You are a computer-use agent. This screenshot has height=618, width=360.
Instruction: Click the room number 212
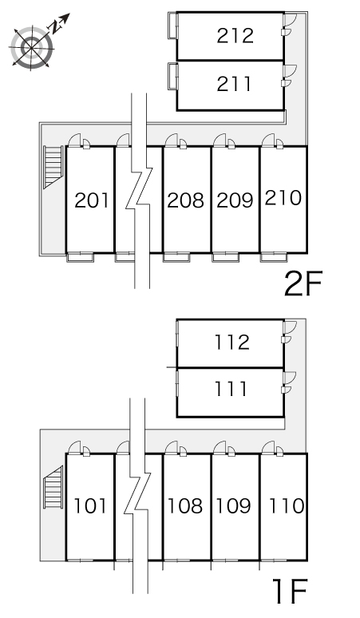click(x=235, y=36)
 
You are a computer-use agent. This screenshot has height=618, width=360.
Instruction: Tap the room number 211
click(x=234, y=84)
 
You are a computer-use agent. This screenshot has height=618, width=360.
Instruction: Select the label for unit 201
click(x=91, y=200)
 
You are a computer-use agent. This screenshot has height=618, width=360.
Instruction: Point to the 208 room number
click(x=185, y=200)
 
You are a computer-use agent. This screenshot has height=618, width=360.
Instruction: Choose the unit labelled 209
click(x=235, y=200)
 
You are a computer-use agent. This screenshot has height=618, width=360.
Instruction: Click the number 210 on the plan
click(x=283, y=198)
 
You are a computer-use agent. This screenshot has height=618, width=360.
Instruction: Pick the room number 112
click(x=232, y=342)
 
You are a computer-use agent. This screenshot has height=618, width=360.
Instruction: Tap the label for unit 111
click(x=231, y=389)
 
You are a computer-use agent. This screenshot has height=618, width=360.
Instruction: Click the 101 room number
click(x=90, y=505)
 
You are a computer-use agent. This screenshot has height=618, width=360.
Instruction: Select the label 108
click(x=185, y=505)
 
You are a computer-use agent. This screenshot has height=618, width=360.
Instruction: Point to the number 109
click(x=234, y=505)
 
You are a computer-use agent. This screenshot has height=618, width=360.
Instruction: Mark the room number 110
click(x=287, y=505)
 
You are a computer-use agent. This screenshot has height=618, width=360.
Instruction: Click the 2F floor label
click(x=303, y=283)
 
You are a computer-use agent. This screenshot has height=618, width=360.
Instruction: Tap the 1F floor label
click(x=291, y=591)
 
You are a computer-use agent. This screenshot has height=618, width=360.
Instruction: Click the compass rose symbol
click(x=31, y=47)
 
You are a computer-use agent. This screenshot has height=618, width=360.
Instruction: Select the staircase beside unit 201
click(x=53, y=167)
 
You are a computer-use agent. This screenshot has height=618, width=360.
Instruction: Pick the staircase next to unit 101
click(x=53, y=488)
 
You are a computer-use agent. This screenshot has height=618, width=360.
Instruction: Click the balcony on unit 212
click(x=173, y=26)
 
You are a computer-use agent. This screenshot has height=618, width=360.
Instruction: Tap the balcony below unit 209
click(x=226, y=257)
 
